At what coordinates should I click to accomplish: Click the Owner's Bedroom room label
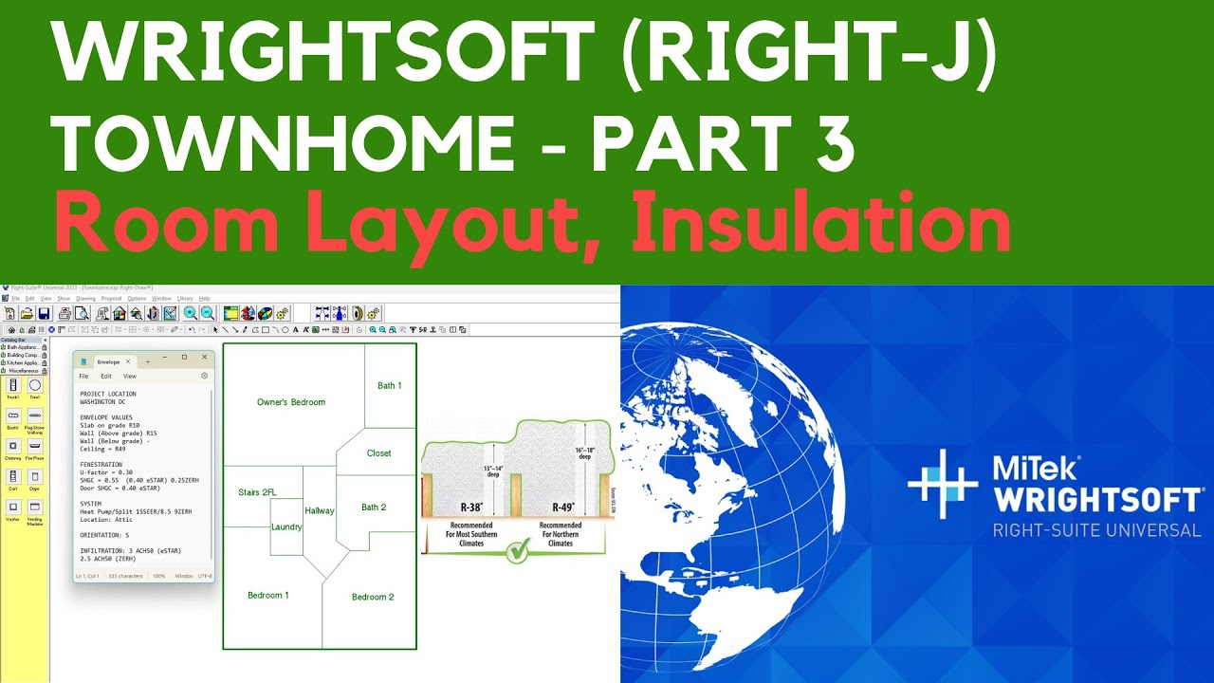point(291,402)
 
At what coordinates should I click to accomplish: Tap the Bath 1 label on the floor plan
point(389,385)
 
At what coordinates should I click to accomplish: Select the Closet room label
point(379,453)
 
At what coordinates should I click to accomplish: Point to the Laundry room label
point(286,527)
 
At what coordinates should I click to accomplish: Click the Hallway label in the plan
point(320,511)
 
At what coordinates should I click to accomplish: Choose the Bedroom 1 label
point(267,596)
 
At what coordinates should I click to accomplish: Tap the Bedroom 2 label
point(373,597)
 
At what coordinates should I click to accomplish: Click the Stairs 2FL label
point(257,492)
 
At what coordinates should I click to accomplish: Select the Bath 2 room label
point(374,508)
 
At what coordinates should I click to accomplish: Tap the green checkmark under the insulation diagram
point(517,551)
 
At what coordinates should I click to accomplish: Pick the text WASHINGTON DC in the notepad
point(102,401)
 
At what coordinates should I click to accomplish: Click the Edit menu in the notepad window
point(106,377)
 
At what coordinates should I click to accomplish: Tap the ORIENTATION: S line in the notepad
point(104,535)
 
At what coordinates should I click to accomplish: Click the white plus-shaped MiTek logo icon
point(942,484)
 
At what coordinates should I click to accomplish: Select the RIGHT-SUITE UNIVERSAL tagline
point(1096,530)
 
